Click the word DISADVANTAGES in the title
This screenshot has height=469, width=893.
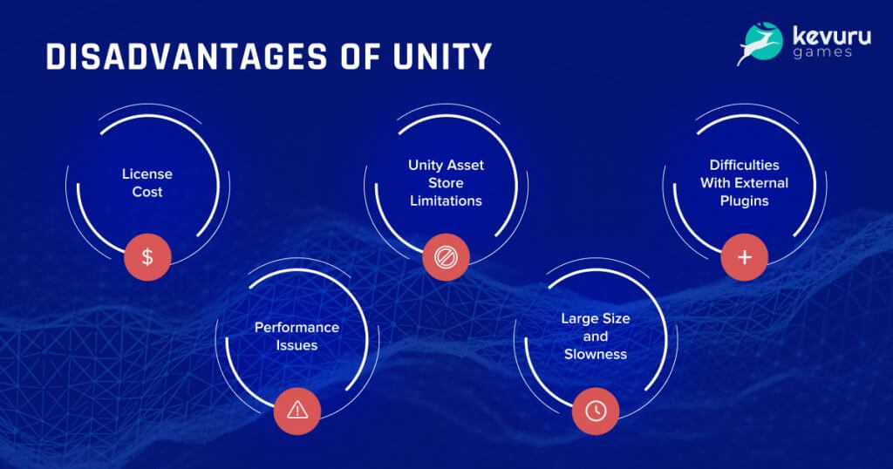coord(187,57)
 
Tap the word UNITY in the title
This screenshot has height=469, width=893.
coord(442,57)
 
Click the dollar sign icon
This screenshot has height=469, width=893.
coord(147,257)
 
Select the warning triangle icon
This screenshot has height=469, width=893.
coord(297,410)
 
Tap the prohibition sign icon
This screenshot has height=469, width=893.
coord(446,257)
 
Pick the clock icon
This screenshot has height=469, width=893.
coord(596,411)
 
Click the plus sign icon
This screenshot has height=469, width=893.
coord(745,257)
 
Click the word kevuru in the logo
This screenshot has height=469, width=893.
coord(831,37)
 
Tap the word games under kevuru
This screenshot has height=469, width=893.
coord(821,53)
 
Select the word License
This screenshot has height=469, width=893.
coord(147,174)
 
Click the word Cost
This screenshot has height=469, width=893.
coord(147,193)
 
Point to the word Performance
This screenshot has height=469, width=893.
coord(297,328)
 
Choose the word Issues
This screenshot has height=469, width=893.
coord(297,345)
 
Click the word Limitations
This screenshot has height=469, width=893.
coord(446,201)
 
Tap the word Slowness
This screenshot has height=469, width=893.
coord(596,355)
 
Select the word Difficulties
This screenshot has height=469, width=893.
coord(745,165)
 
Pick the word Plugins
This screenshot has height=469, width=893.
coord(745,201)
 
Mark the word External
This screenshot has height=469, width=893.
coord(760,183)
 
